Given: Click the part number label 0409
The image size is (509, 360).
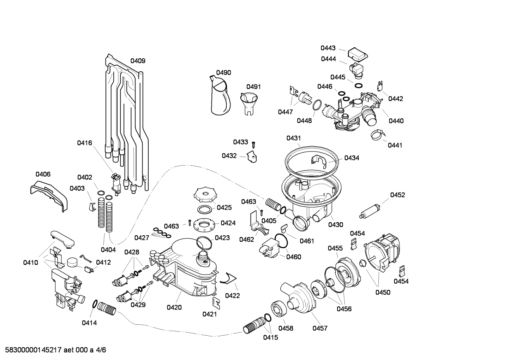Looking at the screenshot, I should pyautogui.click(x=138, y=61).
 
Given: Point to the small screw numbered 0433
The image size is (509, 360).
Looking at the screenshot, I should pyautogui.click(x=253, y=144).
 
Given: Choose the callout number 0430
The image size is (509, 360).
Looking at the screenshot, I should pyautogui.click(x=335, y=225).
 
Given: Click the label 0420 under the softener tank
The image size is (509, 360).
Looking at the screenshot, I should pyautogui.click(x=174, y=307).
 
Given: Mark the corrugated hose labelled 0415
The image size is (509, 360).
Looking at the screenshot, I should pyautogui.click(x=254, y=325).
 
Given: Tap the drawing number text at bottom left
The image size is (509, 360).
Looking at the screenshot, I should pyautogui.click(x=53, y=350).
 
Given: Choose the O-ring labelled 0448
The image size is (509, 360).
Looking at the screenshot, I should pyautogui.click(x=317, y=105).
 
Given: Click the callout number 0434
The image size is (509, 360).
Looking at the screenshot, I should pyautogui.click(x=352, y=158).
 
